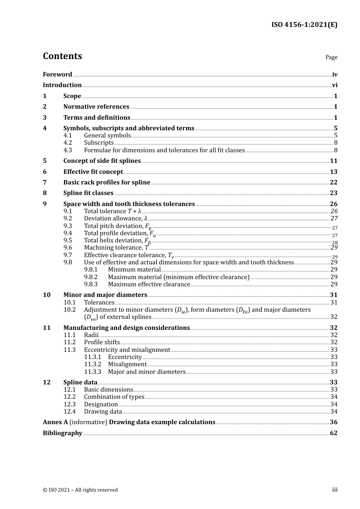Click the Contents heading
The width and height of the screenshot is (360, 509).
62,56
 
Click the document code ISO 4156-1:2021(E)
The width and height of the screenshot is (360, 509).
304,25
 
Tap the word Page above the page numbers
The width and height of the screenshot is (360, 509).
331,57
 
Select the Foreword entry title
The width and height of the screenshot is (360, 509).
57,75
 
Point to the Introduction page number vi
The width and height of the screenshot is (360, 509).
335,85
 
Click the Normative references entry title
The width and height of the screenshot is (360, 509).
96,107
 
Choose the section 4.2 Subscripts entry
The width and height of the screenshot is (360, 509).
99,143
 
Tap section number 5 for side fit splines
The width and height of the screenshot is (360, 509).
45,161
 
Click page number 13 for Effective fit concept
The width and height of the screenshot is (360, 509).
333,172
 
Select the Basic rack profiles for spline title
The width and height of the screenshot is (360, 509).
107,183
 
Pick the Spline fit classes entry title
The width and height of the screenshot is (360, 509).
88,193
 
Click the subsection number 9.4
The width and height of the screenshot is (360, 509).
68,233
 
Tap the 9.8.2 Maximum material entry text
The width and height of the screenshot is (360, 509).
178,277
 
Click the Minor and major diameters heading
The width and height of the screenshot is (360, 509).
105,295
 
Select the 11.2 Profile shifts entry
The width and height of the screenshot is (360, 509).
102,342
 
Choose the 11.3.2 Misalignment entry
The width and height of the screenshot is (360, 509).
127,364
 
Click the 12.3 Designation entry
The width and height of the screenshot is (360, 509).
101,404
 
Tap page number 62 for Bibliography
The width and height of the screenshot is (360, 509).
333,433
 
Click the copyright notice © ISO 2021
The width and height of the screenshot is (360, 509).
80,490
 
